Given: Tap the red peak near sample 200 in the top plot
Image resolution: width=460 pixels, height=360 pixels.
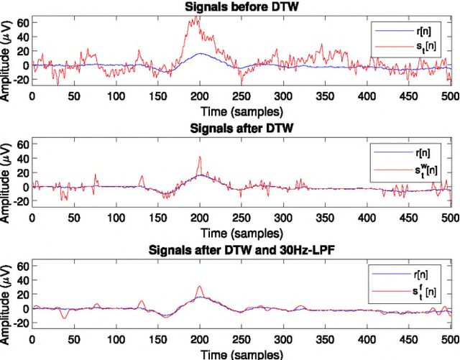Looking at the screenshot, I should pyautogui.click(x=194, y=18).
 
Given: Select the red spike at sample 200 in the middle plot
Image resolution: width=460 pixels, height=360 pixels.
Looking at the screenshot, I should pyautogui.click(x=200, y=158).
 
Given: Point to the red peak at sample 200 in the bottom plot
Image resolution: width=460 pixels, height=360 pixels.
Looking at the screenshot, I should pyautogui.click(x=200, y=287).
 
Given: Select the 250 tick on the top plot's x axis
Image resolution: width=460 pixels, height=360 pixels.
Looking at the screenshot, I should pyautogui.click(x=241, y=96).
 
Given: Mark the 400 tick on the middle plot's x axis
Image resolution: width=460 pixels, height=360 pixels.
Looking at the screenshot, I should pyautogui.click(x=367, y=218).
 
